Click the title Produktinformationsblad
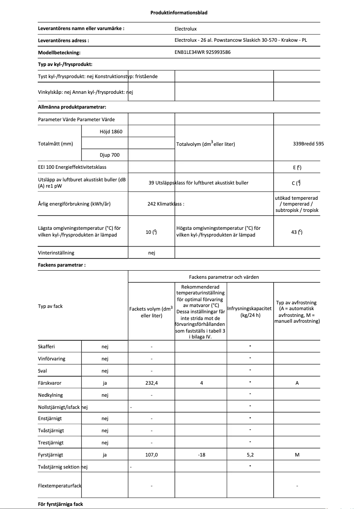179,13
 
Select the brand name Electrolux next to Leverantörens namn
185,29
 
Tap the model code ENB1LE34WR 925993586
202,52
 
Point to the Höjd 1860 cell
110,132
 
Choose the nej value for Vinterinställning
151,253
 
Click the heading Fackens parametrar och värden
223,277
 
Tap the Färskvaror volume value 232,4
151,383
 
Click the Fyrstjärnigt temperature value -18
201,455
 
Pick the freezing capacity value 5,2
250,455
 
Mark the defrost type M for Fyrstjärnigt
297,455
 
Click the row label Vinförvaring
51,359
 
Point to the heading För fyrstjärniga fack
61,504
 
